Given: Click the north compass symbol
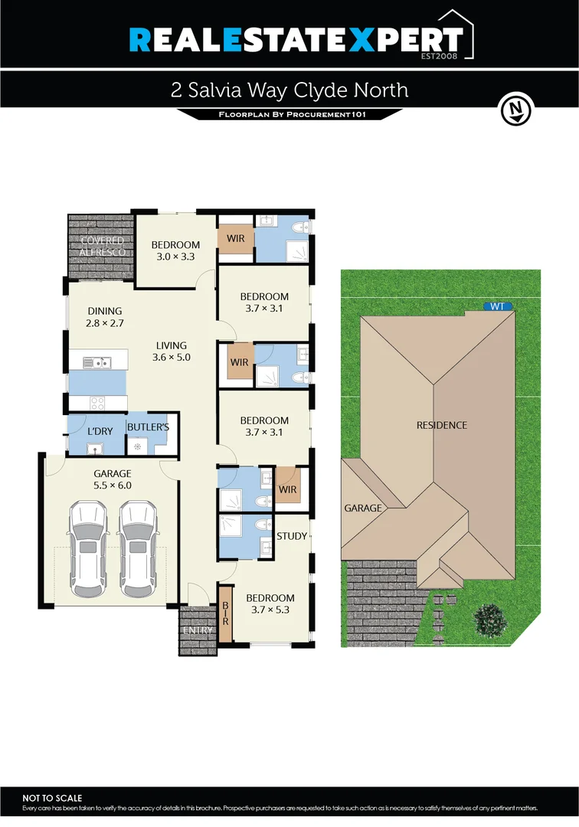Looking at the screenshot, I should (515, 110).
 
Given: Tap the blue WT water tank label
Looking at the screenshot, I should (497, 306).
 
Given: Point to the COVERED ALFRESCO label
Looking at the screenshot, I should (102, 247).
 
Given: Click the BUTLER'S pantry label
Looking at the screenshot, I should (142, 427).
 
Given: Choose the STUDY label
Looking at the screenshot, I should (291, 536).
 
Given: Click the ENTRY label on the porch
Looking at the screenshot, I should (198, 630).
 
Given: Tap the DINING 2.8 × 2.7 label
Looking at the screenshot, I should (105, 317).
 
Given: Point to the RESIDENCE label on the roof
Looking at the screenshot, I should (441, 425).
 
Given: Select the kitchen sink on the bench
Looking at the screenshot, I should (99, 361).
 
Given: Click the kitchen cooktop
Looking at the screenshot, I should (98, 401).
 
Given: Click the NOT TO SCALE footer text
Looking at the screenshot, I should (52, 798).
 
